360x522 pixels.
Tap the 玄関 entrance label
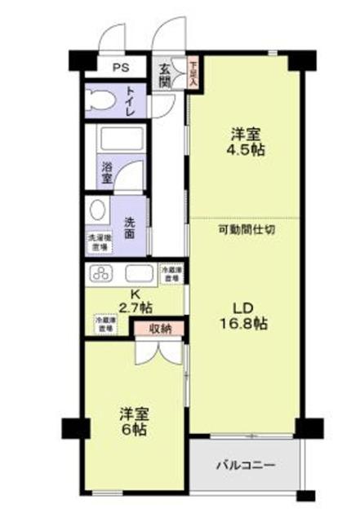click(164, 77)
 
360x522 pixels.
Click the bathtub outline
click(121, 139)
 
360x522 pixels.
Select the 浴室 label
click(107, 172)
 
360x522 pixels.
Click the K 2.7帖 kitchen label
click(135, 301)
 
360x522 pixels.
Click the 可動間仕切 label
click(246, 229)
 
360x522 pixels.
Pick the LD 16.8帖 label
click(245, 315)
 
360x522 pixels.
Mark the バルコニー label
click(246, 465)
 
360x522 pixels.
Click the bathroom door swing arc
click(132, 173)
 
